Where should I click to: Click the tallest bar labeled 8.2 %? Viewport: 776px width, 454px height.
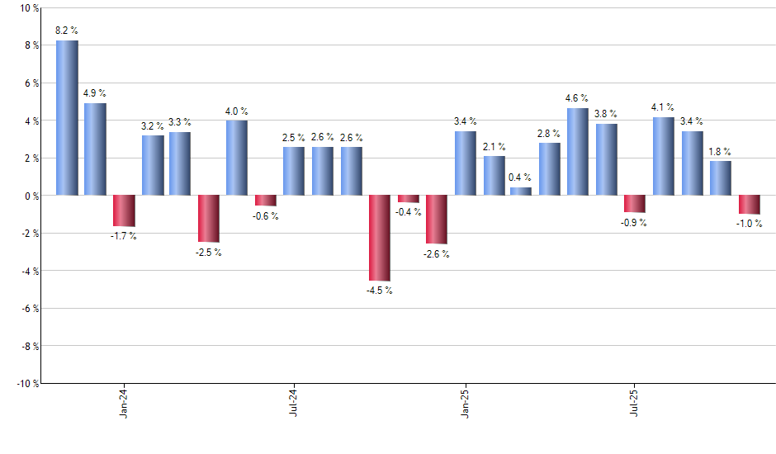(67, 118)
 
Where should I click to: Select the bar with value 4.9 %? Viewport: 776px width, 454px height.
(95, 149)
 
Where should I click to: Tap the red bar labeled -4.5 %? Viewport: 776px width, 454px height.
(380, 238)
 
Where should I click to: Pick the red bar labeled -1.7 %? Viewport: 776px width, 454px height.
(124, 210)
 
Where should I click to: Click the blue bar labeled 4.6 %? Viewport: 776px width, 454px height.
(578, 152)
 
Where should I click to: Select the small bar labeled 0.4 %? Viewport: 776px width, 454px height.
(521, 192)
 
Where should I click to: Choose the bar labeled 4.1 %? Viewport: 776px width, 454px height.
(664, 157)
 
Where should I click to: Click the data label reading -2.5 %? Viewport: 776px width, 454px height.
(209, 253)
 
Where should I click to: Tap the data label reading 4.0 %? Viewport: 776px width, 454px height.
(237, 111)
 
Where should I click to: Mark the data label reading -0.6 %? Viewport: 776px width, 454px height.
(266, 216)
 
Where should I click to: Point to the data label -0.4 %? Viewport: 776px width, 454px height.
(409, 212)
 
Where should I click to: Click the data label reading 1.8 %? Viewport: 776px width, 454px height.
(721, 152)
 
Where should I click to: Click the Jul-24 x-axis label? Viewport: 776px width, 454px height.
(294, 404)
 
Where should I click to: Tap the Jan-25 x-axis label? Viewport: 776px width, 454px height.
(465, 404)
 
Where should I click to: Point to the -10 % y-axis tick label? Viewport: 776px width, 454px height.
(26, 384)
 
